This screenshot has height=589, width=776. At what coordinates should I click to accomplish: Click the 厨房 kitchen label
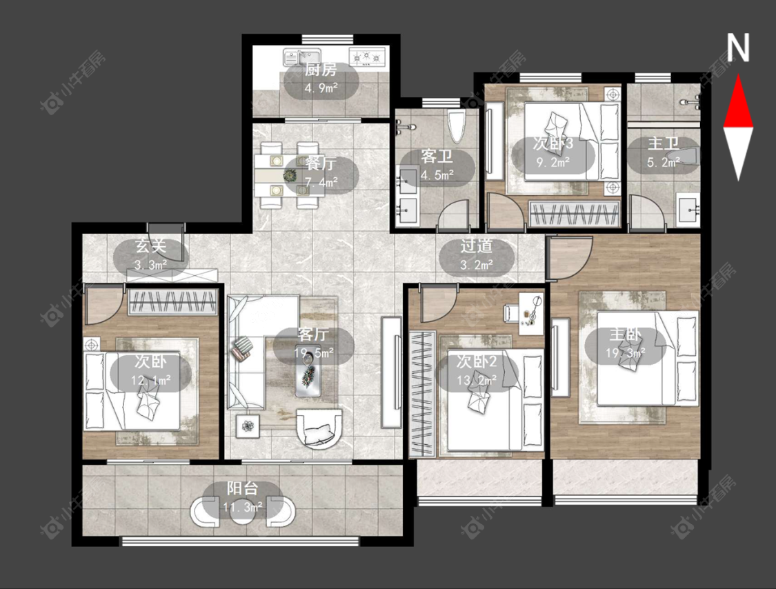[321, 70]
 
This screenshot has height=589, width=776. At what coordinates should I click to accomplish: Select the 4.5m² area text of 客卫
[437, 174]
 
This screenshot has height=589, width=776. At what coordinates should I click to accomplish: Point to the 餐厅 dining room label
[321, 163]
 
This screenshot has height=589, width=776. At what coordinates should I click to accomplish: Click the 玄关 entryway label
[151, 246]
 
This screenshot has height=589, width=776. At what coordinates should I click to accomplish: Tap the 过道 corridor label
[477, 246]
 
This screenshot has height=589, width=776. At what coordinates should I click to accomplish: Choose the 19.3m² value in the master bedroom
[626, 352]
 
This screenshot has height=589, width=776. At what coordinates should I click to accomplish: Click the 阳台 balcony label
[243, 488]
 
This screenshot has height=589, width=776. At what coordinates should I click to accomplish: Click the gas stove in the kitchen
[367, 57]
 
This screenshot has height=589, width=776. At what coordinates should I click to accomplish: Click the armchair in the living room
[319, 428]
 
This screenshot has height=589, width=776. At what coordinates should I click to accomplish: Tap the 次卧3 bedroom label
[553, 143]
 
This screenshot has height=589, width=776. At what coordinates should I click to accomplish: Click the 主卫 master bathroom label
[663, 143]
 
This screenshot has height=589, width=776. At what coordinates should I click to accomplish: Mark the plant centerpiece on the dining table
[290, 174]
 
